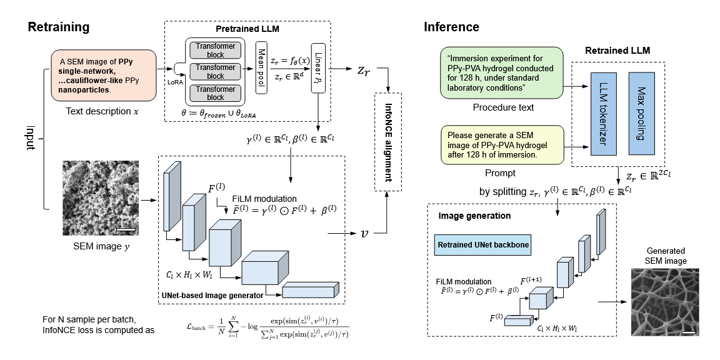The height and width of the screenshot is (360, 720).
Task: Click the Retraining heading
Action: [x=59, y=27]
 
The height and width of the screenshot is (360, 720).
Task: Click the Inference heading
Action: [x=451, y=27]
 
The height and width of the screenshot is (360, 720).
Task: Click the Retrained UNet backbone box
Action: [x=482, y=245]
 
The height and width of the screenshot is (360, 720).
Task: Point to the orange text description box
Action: [x=103, y=75]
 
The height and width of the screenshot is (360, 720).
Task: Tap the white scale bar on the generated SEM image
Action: [x=687, y=331]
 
